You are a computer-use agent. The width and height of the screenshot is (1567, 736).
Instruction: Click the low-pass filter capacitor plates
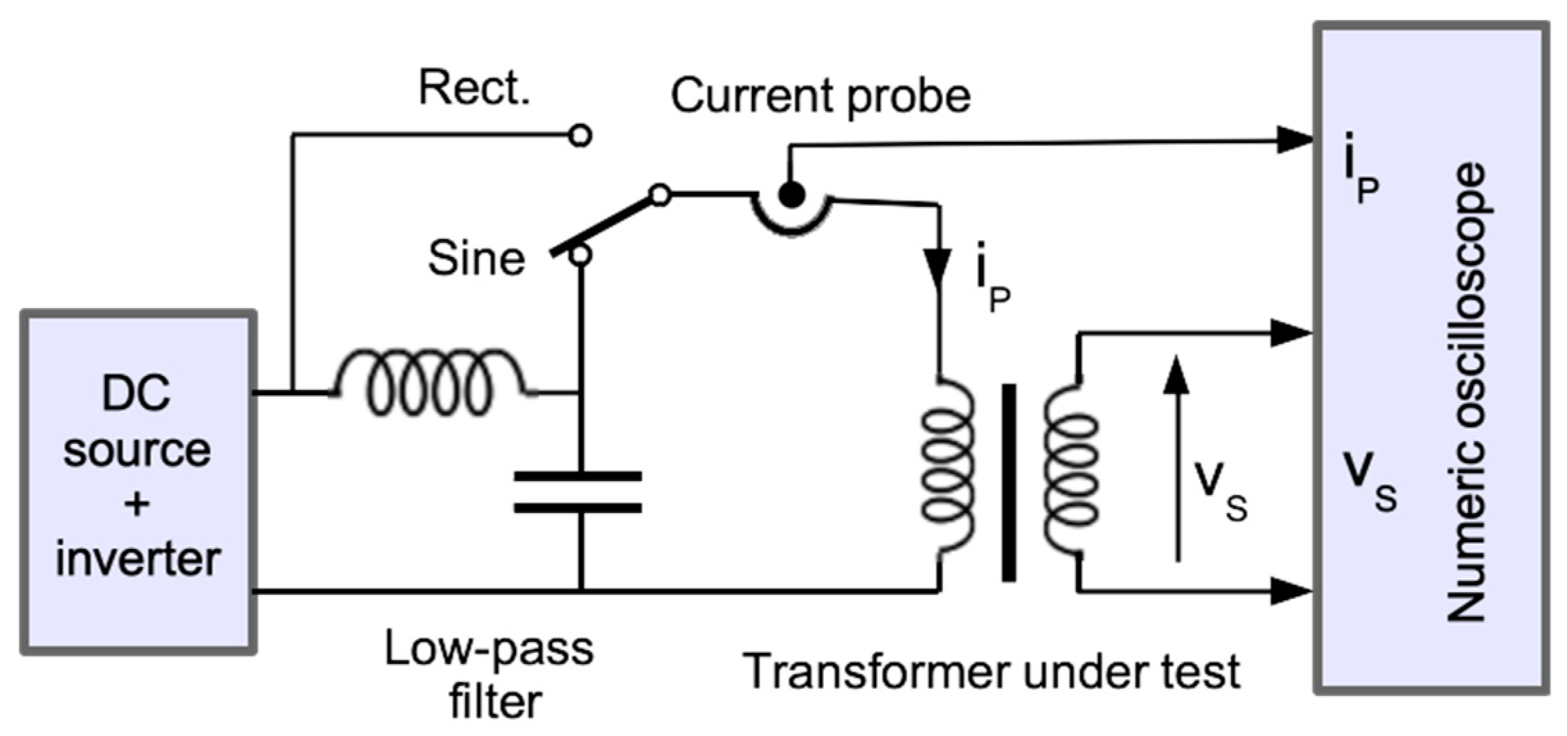pyautogui.click(x=577, y=492)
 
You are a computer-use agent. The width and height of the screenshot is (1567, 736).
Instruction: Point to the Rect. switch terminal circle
pyautogui.click(x=580, y=136)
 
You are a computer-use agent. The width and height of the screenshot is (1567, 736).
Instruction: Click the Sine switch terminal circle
pyautogui.click(x=580, y=255)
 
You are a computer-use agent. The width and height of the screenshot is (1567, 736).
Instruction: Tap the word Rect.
pyautogui.click(x=474, y=89)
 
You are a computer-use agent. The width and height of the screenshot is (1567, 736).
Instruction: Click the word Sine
pyautogui.click(x=476, y=259)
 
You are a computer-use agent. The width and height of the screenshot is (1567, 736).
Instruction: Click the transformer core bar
pyautogui.click(x=1009, y=483)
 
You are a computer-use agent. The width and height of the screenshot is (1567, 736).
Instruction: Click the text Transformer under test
pyautogui.click(x=992, y=672)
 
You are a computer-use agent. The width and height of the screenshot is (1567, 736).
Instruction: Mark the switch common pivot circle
pyautogui.click(x=661, y=195)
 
